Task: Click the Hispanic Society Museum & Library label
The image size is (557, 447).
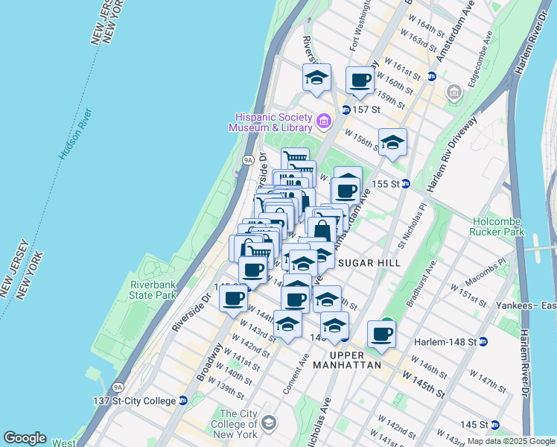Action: [272, 122]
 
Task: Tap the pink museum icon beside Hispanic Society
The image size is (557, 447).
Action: [324, 121]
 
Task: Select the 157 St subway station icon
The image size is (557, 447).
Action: [346, 110]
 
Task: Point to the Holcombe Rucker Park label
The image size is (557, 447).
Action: [510, 225]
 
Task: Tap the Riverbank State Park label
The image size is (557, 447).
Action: [153, 290]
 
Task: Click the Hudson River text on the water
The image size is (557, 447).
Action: [76, 134]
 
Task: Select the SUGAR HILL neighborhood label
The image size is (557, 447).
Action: [369, 263]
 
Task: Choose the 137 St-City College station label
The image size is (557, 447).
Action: [138, 400]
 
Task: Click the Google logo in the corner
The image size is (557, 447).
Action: [25, 438]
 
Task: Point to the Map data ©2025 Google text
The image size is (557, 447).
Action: [510, 441]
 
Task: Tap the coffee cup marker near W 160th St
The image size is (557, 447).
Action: [360, 81]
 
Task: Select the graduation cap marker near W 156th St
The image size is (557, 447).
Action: [392, 142]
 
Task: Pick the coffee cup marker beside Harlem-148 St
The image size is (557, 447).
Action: [382, 335]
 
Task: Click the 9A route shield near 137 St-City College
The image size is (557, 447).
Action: [118, 387]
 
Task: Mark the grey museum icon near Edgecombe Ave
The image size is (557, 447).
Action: [453, 93]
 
